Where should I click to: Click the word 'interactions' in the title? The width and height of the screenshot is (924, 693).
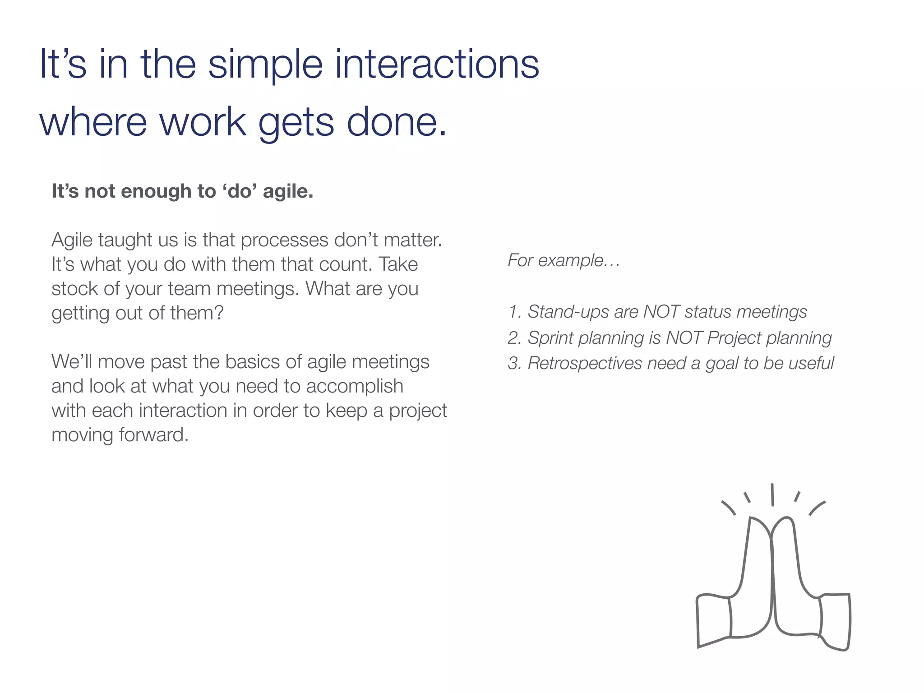[x=437, y=64]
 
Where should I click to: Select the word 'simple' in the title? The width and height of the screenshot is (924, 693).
[x=265, y=64]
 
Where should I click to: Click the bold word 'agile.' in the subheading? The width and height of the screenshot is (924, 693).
[x=288, y=191]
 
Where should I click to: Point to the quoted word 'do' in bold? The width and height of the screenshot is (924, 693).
[x=240, y=191]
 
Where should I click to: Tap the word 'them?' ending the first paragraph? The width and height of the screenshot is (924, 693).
[x=197, y=313]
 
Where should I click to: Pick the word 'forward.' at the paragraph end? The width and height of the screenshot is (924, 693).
[x=153, y=435]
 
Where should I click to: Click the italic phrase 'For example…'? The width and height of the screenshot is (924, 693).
[x=564, y=260]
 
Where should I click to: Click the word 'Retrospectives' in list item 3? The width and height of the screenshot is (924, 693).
[x=585, y=363]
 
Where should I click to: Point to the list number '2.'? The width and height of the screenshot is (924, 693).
[x=514, y=338]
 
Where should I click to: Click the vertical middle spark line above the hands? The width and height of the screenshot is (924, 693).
[x=772, y=495]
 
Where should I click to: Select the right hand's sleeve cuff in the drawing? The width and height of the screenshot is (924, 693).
[x=835, y=622]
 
